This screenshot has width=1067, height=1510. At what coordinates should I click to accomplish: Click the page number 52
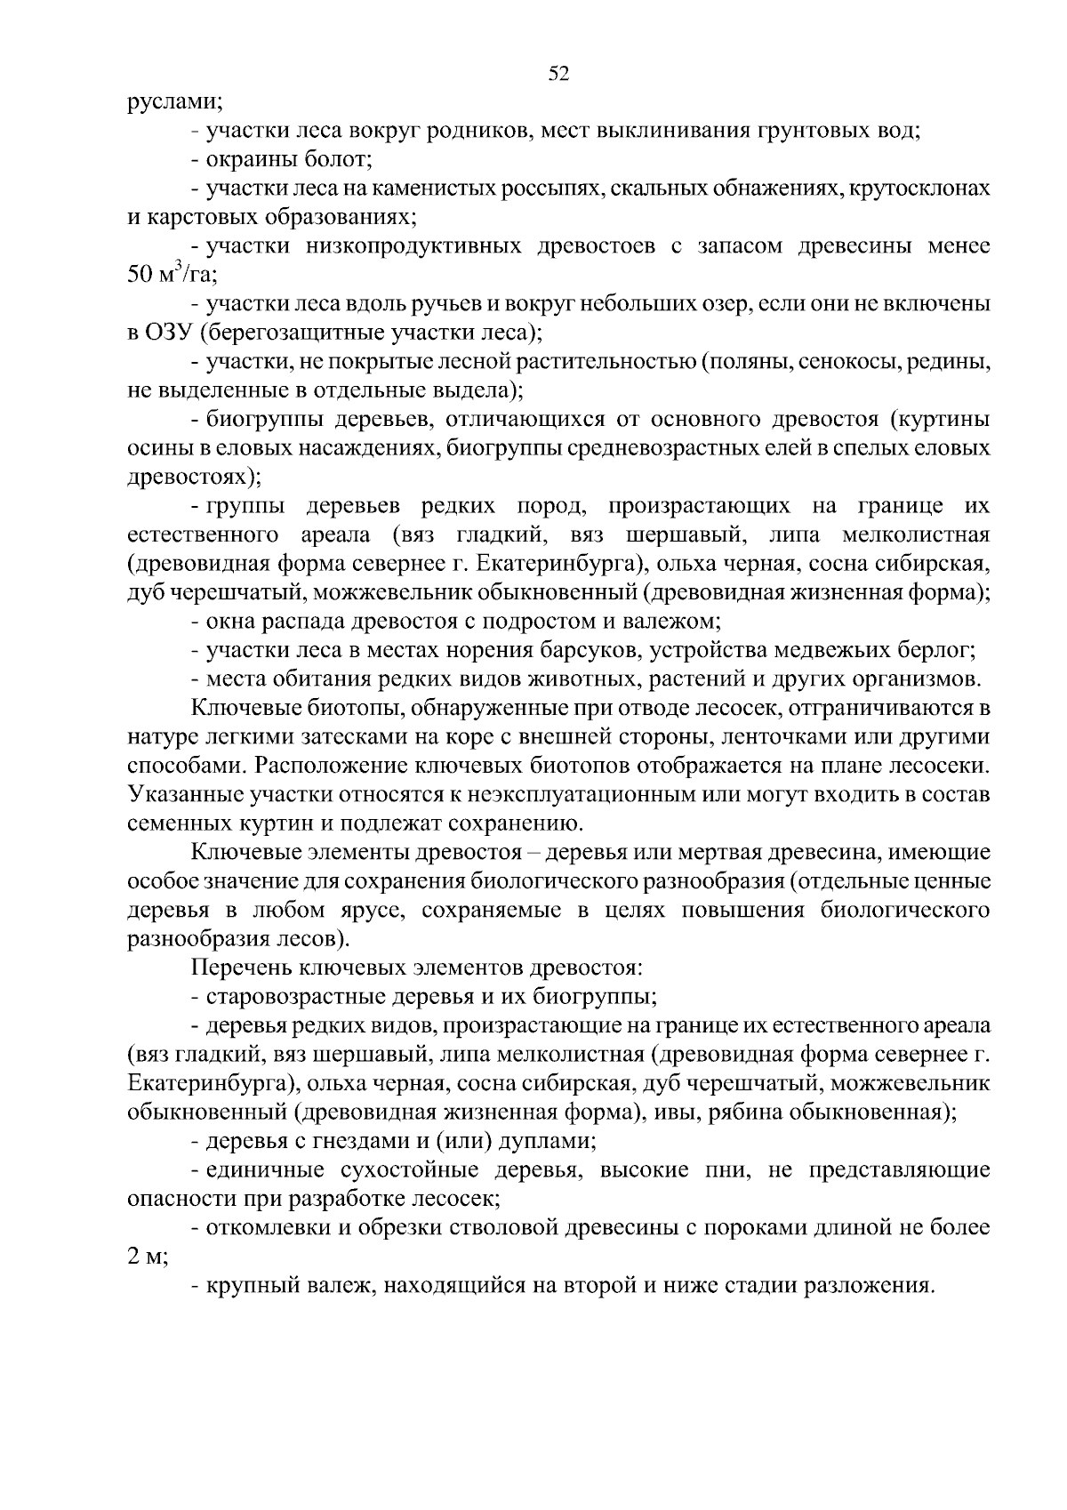[x=558, y=75]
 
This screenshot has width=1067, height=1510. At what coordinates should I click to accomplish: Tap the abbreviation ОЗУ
[x=170, y=333]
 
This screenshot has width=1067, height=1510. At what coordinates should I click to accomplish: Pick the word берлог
[x=935, y=651]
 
